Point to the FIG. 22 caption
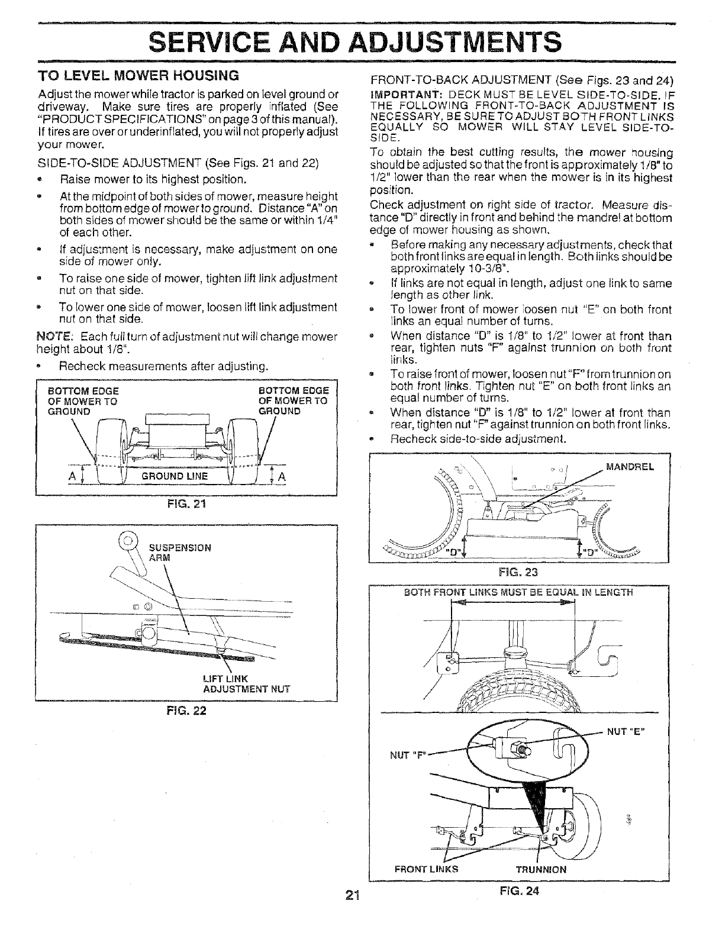pyautogui.click(x=187, y=711)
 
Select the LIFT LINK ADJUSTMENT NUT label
pyautogui.click(x=237, y=683)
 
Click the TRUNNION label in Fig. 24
pyautogui.click(x=541, y=869)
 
